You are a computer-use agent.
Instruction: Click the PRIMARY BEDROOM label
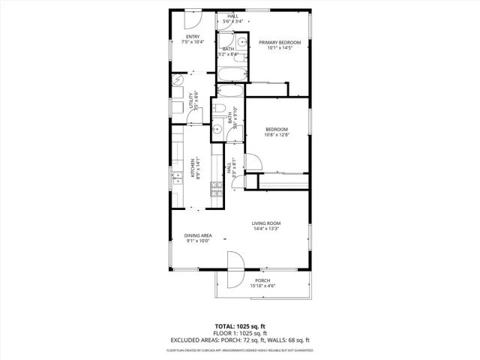point(280,43)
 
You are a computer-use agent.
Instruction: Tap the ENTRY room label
point(193,37)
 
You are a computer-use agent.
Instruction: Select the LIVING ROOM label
point(265,223)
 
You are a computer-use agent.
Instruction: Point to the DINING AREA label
point(198,235)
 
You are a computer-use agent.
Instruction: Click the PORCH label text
point(262,280)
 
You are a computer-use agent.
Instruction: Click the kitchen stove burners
point(217,193)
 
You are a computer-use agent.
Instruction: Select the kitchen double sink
point(178,178)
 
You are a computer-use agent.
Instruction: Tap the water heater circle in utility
point(178,80)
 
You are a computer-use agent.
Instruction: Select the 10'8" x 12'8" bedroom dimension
point(276,135)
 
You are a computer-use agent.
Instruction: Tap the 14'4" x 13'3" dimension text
point(265,229)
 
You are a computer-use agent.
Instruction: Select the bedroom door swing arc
point(253,163)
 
